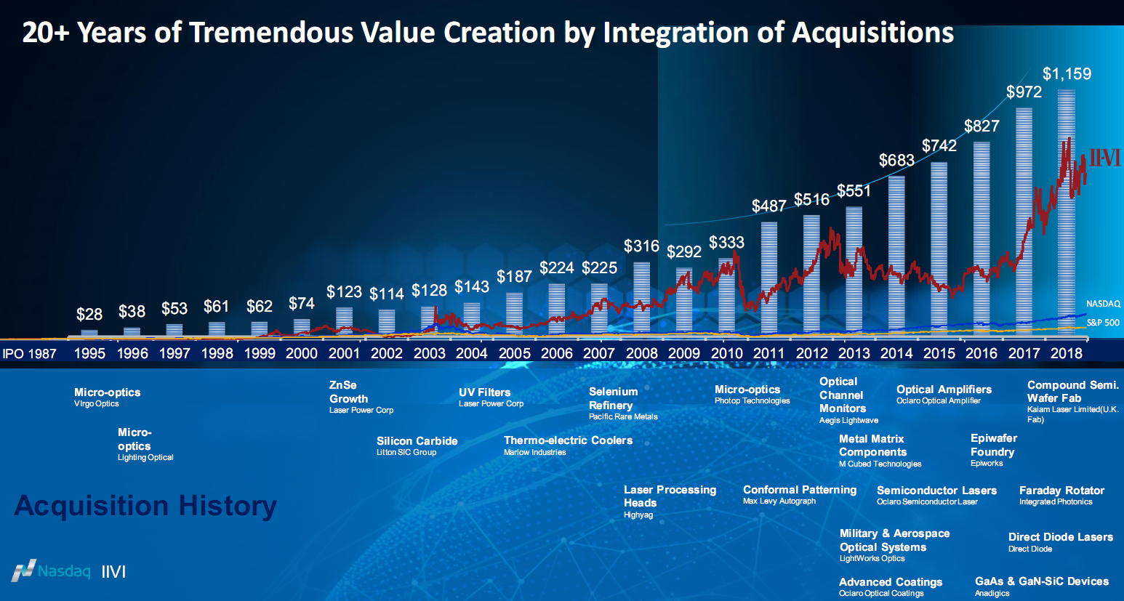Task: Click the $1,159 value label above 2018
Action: tap(1067, 74)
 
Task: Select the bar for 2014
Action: tap(896, 254)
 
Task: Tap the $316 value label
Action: tap(641, 246)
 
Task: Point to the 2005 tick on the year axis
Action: tap(514, 353)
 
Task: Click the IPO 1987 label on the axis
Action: tap(30, 354)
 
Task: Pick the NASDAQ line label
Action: tap(1103, 304)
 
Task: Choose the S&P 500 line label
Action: tap(1103, 323)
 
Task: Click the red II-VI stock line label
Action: tap(1104, 158)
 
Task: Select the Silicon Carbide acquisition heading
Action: tap(417, 441)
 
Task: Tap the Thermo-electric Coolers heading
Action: tap(568, 440)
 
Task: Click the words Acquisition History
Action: tap(145, 506)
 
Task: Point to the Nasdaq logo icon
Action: tap(24, 570)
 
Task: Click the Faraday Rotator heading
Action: tap(1061, 491)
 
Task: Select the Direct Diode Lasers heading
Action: tap(1060, 537)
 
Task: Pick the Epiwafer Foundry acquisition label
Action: tap(993, 445)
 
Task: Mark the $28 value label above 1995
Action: tap(89, 315)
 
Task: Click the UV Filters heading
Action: tap(484, 392)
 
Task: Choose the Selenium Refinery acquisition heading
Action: tap(613, 398)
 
